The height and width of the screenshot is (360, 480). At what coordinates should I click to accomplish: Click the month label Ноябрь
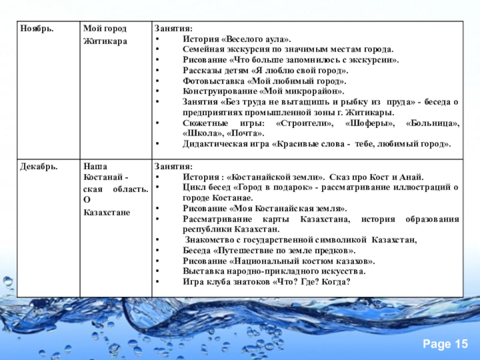pyautogui.click(x=37, y=29)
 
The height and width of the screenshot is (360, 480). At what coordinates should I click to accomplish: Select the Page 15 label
pyautogui.click(x=445, y=344)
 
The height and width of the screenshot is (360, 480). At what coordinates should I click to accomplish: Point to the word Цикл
pyautogui.click(x=193, y=187)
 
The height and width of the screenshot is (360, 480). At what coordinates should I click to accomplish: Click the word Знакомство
pyautogui.click(x=210, y=240)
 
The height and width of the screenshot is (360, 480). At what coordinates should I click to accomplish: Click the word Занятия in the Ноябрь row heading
pyautogui.click(x=174, y=29)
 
